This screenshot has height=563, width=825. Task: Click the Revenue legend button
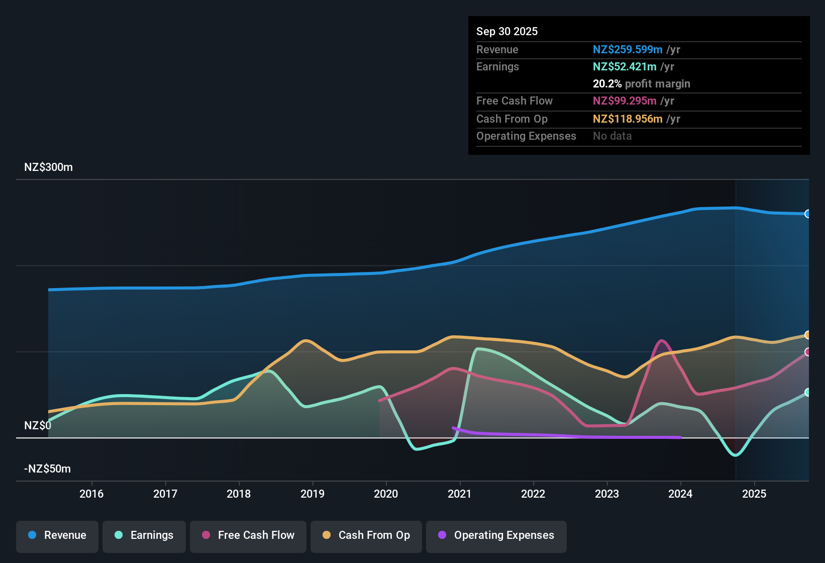click(57, 535)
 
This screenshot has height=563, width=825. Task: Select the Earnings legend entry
click(144, 535)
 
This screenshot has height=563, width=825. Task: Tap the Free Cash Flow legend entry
click(248, 535)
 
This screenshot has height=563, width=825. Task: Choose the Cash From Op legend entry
click(366, 535)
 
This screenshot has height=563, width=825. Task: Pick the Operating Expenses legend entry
click(496, 535)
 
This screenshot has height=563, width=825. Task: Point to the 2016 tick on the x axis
click(91, 494)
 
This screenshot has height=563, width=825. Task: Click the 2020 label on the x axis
click(386, 494)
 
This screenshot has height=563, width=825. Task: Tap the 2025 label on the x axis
click(754, 494)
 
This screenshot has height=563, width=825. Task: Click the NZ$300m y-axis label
click(48, 167)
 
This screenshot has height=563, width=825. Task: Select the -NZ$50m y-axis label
click(47, 469)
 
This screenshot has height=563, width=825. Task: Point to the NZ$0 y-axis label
click(38, 426)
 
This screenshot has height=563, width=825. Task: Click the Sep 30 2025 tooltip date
click(506, 32)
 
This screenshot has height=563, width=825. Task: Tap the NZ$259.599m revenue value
click(627, 50)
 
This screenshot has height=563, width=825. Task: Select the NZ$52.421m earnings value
click(624, 67)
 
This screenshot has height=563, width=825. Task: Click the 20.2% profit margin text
click(641, 84)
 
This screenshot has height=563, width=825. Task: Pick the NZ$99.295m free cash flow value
click(624, 101)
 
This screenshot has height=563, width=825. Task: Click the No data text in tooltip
click(612, 136)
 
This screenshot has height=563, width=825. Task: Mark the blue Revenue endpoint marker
click(807, 214)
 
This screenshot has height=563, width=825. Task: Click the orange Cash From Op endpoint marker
click(807, 335)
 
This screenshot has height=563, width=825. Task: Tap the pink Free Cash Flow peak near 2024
click(662, 341)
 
